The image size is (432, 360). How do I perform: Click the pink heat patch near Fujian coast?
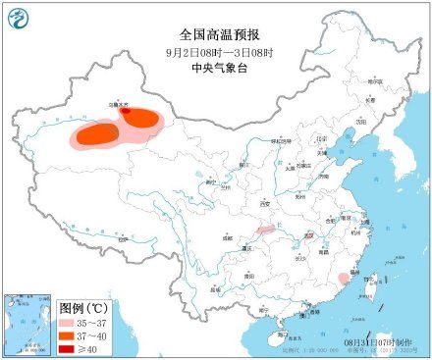point(341,281)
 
